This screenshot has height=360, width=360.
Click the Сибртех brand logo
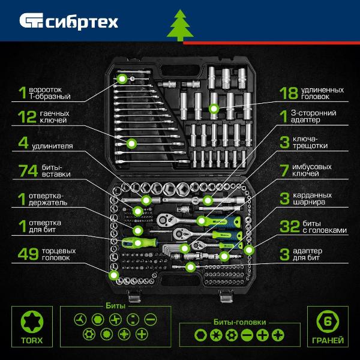click(x=68, y=21)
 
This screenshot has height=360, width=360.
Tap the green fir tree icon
click(x=180, y=25)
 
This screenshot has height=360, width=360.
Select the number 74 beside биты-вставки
click(x=28, y=170)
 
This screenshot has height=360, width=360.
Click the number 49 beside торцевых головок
click(x=28, y=254)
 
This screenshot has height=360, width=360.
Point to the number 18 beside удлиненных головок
click(x=289, y=93)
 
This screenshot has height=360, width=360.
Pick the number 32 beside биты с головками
click(x=290, y=226)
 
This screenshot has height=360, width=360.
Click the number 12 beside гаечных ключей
click(x=28, y=116)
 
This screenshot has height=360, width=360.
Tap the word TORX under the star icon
click(x=32, y=340)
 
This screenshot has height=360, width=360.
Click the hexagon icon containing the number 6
click(x=328, y=321)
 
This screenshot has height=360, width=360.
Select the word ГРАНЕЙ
click(x=328, y=340)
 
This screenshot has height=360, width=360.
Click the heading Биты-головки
click(x=239, y=322)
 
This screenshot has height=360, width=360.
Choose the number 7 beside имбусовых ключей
click(x=284, y=170)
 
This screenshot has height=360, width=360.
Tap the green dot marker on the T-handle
click(x=122, y=79)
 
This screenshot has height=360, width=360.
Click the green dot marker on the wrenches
click(x=132, y=143)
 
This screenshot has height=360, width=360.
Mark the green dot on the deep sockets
click(x=214, y=109)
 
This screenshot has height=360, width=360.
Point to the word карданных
click(x=312, y=196)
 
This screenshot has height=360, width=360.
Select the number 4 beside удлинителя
click(x=23, y=143)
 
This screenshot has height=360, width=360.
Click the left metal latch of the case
click(x=134, y=296)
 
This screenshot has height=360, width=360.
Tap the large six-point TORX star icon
click(x=32, y=322)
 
